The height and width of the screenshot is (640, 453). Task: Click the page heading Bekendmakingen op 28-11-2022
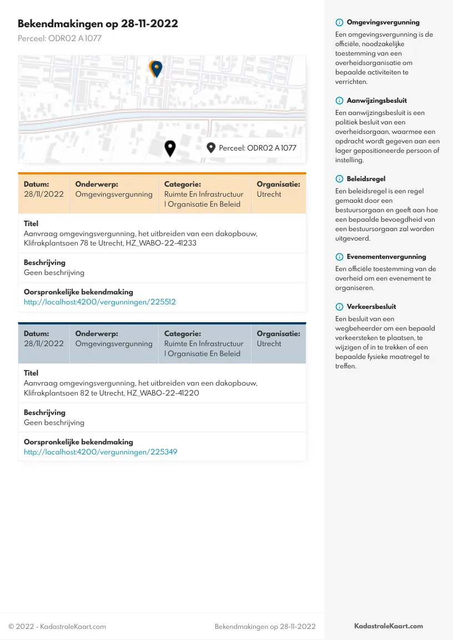tap(98, 24)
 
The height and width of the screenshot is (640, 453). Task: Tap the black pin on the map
tap(170, 148)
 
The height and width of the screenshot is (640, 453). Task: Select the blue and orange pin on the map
tap(157, 69)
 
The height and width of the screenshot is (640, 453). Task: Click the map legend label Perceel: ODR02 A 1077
tap(258, 148)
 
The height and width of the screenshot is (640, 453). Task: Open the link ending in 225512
tap(99, 302)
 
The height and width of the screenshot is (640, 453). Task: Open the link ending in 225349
tap(100, 452)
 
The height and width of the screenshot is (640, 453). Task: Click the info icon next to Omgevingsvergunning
tap(339, 23)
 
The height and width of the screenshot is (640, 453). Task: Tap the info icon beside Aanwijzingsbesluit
tap(339, 101)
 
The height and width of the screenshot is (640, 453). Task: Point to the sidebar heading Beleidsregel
tap(366, 179)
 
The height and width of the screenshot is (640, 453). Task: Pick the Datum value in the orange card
tap(44, 194)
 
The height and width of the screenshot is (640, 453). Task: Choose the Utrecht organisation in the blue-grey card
tap(269, 344)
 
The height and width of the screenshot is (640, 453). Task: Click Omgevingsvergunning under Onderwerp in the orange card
tap(114, 194)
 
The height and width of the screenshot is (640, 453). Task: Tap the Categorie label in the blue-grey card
tap(182, 334)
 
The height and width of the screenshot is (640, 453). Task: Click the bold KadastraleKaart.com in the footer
tap(389, 626)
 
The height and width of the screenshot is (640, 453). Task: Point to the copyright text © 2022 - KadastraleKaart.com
tap(57, 627)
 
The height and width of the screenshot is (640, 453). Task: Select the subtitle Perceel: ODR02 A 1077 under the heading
tap(59, 39)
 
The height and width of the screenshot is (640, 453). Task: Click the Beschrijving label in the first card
tap(44, 262)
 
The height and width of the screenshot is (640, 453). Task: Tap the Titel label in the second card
tap(31, 373)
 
